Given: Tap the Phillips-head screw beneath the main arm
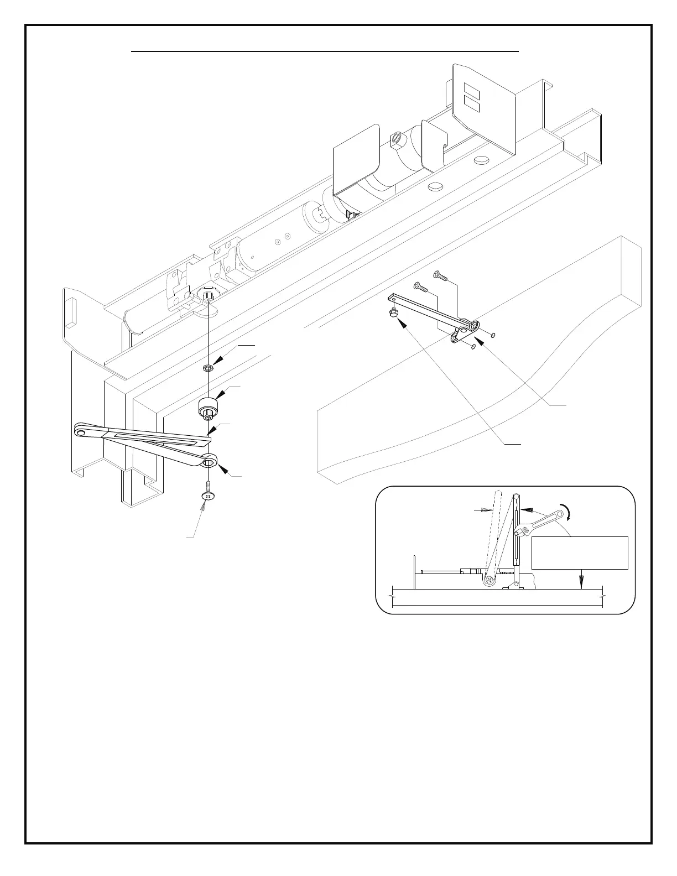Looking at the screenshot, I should (207, 493).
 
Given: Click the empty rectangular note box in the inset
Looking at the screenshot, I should (580, 552).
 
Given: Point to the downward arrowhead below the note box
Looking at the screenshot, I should (581, 581).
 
